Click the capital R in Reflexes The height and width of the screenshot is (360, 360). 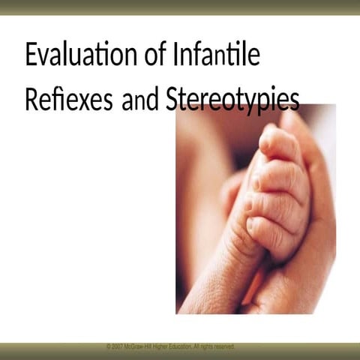(31, 100)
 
